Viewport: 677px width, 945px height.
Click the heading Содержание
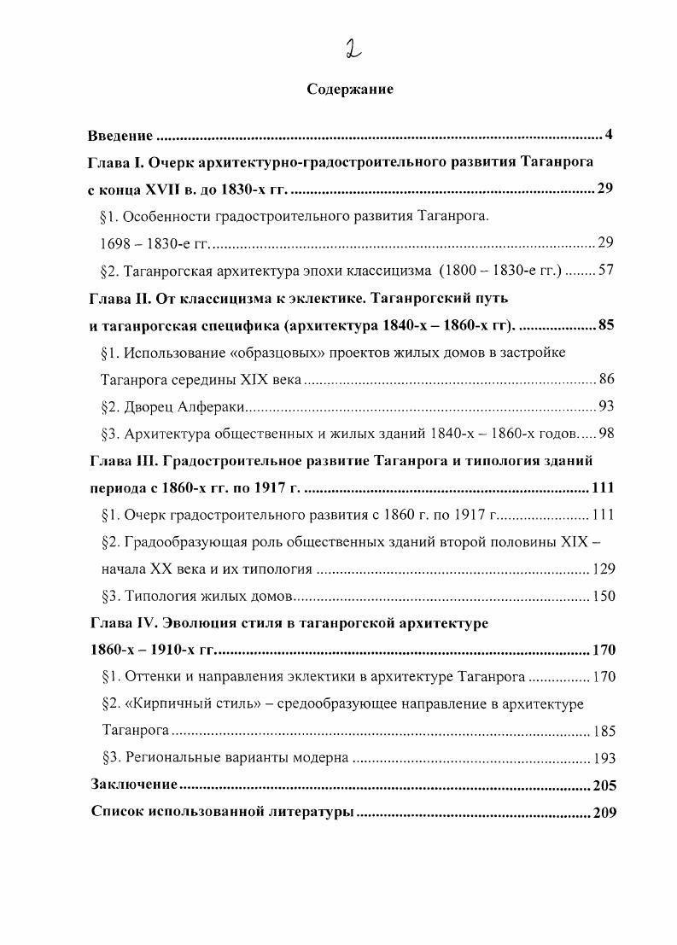pyautogui.click(x=350, y=90)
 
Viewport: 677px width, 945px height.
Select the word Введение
pyautogui.click(x=120, y=135)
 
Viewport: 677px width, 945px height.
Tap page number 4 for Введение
pyautogui.click(x=609, y=135)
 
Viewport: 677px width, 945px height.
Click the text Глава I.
pyautogui.click(x=114, y=162)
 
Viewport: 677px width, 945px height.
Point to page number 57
pyautogui.click(x=606, y=271)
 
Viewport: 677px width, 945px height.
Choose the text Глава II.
pyautogui.click(x=117, y=299)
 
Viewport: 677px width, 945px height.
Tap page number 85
pyautogui.click(x=605, y=325)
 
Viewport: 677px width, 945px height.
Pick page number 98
pyautogui.click(x=606, y=434)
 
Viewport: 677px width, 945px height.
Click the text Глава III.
pyautogui.click(x=120, y=461)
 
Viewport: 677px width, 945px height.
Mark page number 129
pyautogui.click(x=603, y=569)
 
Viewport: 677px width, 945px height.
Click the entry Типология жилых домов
pyautogui.click(x=210, y=597)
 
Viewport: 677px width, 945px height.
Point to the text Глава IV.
pyautogui.click(x=120, y=623)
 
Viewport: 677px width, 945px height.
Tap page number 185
pyautogui.click(x=603, y=732)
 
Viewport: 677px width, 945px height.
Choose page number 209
pyautogui.click(x=603, y=812)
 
